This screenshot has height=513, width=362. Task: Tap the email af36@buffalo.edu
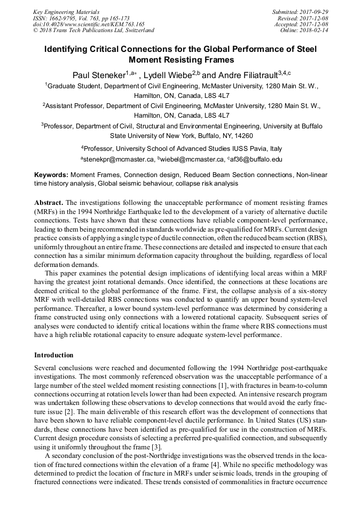(256, 159)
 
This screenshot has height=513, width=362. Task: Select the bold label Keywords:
(51, 175)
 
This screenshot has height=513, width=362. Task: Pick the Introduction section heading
(54, 355)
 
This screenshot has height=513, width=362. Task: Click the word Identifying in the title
(69, 49)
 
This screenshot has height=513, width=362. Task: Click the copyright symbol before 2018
(35, 30)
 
